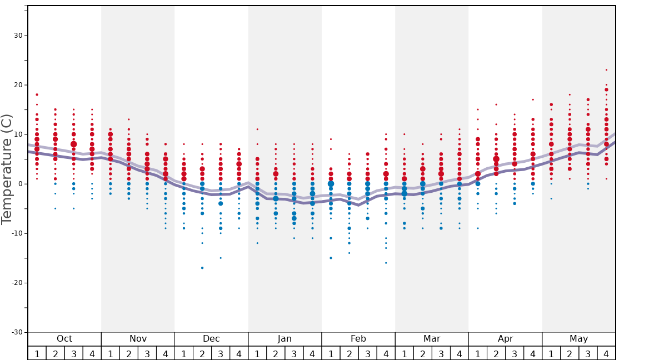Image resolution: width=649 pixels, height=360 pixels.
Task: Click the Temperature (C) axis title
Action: tap(7, 169)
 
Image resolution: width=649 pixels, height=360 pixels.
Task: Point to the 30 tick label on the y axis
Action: tap(18, 36)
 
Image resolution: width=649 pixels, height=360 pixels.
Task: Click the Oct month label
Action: tap(64, 339)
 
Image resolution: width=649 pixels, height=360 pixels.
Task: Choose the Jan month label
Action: tap(284, 339)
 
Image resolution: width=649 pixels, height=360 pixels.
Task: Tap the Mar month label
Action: tap(432, 339)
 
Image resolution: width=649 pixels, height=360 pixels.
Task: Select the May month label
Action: tap(578, 339)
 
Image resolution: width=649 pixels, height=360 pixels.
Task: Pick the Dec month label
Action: tap(211, 339)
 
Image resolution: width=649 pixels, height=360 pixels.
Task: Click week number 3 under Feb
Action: tap(367, 353)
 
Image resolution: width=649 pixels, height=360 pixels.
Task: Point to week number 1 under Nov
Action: tap(110, 353)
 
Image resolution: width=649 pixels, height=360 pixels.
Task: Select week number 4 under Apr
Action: tap(533, 353)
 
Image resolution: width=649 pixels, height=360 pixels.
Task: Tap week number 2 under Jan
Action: tap(276, 353)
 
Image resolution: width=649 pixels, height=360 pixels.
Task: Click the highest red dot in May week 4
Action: tap(606, 70)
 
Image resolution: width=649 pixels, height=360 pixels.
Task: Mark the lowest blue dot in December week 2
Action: tap(202, 268)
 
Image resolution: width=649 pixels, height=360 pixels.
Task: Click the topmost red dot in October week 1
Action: tap(37, 94)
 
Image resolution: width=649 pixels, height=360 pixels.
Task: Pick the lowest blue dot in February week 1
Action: tap(331, 258)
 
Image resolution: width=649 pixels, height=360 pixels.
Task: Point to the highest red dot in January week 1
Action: tap(257, 129)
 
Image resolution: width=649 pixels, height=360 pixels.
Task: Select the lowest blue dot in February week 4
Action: tap(386, 263)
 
